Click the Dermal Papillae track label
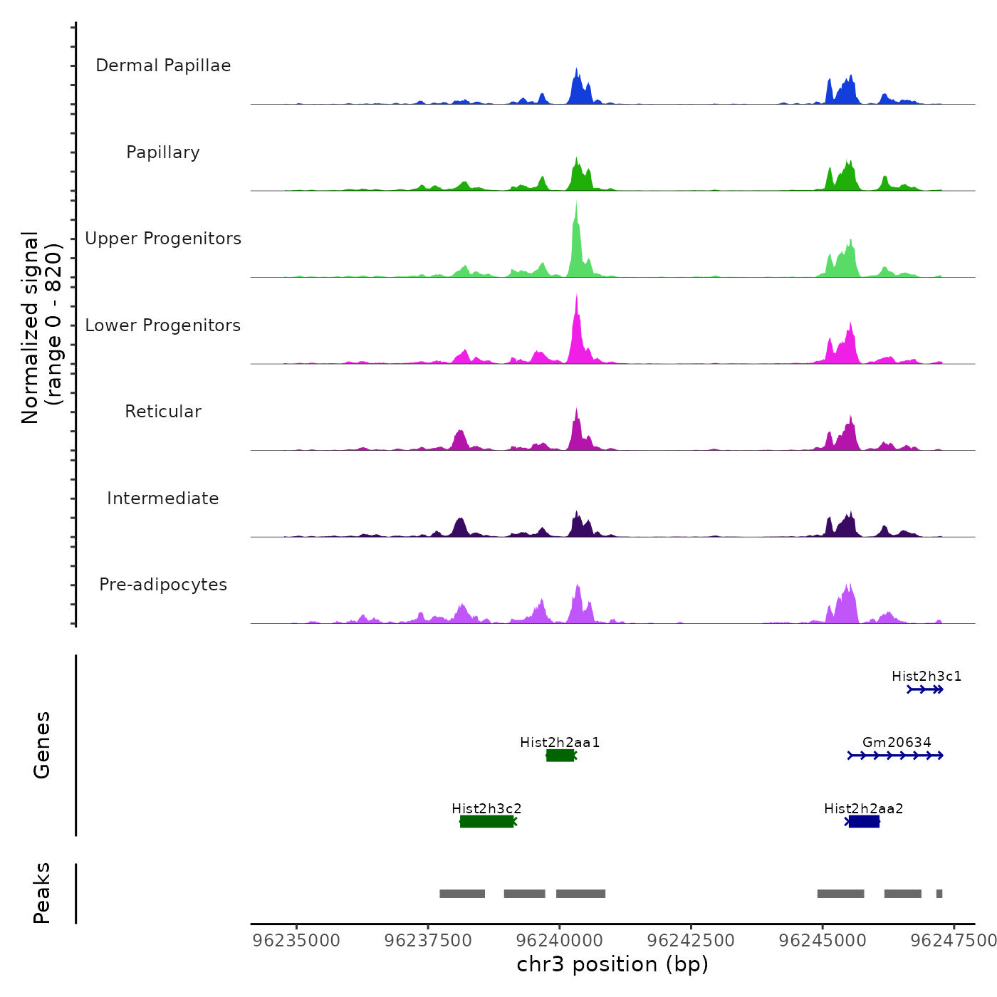point(163,66)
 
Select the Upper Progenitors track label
point(163,239)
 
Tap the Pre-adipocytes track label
point(163,585)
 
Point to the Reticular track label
point(163,412)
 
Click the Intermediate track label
point(163,499)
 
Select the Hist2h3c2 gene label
point(486,808)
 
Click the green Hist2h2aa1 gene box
point(560,756)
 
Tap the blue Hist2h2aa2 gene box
point(864,822)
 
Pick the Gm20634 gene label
point(897,742)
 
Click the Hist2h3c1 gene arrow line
point(925,689)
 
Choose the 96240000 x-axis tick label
point(560,941)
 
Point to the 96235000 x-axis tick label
point(296,941)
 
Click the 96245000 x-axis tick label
point(823,941)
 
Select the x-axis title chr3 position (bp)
point(612,964)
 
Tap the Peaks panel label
point(42,893)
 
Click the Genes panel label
point(42,745)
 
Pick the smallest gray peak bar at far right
point(939,894)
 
